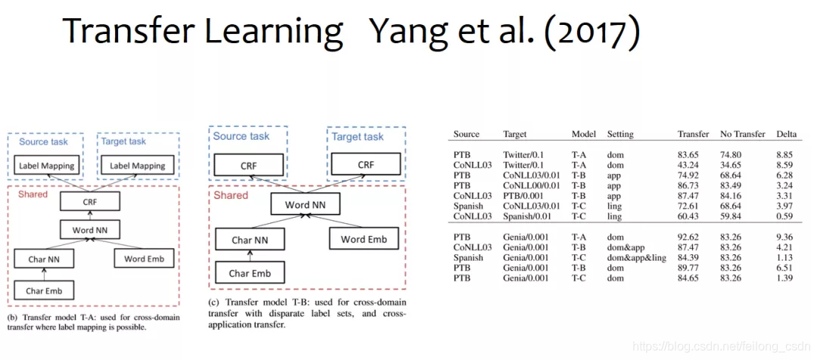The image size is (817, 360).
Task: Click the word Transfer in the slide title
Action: pos(121,32)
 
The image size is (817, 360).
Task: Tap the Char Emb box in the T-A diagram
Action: pos(45,290)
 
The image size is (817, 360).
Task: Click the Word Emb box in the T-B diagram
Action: pos(363,240)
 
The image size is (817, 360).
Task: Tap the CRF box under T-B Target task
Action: pos(366,163)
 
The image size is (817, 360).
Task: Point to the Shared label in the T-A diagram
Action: pos(33,194)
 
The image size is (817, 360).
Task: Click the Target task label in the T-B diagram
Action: pos(357,137)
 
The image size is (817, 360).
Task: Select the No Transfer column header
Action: pos(743,134)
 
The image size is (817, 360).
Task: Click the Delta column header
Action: pos(787,134)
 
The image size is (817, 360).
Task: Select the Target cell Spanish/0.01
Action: pos(529,217)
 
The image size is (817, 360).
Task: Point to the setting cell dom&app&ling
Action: pos(635,257)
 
